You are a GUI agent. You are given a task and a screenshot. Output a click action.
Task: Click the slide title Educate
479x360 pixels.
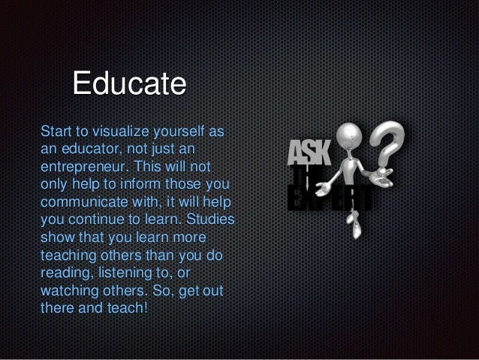point(128,84)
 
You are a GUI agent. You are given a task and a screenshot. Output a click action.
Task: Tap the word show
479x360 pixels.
point(56,238)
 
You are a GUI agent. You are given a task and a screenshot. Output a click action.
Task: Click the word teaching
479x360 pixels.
point(68,256)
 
